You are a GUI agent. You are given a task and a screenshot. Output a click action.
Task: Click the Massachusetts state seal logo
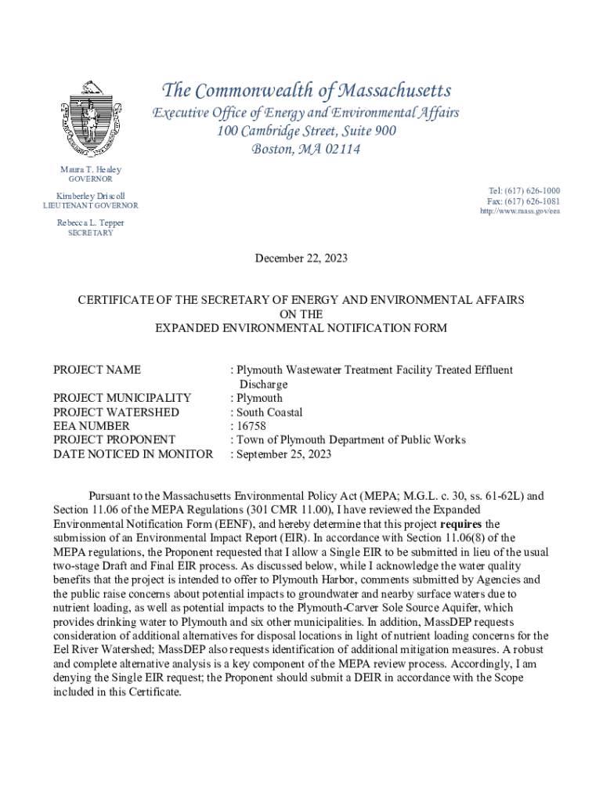(x=90, y=119)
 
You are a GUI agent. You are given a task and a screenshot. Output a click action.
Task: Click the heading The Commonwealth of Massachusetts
(x=305, y=91)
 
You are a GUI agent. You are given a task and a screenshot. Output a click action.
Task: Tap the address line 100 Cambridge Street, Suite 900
(x=306, y=131)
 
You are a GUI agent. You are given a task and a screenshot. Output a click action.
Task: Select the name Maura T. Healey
(x=91, y=169)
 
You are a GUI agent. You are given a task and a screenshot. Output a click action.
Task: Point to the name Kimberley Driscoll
(x=91, y=195)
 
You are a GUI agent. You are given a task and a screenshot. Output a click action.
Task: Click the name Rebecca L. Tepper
(x=91, y=222)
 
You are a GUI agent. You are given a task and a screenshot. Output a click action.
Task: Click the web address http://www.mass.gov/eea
(x=520, y=211)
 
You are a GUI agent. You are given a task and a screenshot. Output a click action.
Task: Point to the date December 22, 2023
(x=301, y=258)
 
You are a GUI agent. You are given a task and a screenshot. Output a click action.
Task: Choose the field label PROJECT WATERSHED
(x=116, y=412)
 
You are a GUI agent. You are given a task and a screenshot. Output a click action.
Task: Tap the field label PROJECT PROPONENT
(x=114, y=439)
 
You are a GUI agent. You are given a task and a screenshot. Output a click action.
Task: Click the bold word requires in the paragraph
(x=462, y=523)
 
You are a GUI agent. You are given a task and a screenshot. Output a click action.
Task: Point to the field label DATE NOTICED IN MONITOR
(x=133, y=453)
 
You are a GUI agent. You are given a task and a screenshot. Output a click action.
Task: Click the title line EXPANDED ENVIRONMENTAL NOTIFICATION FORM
(x=301, y=328)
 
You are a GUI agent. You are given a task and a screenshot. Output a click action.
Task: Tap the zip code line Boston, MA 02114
(x=306, y=149)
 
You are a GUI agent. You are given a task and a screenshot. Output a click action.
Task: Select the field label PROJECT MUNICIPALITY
(x=122, y=398)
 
